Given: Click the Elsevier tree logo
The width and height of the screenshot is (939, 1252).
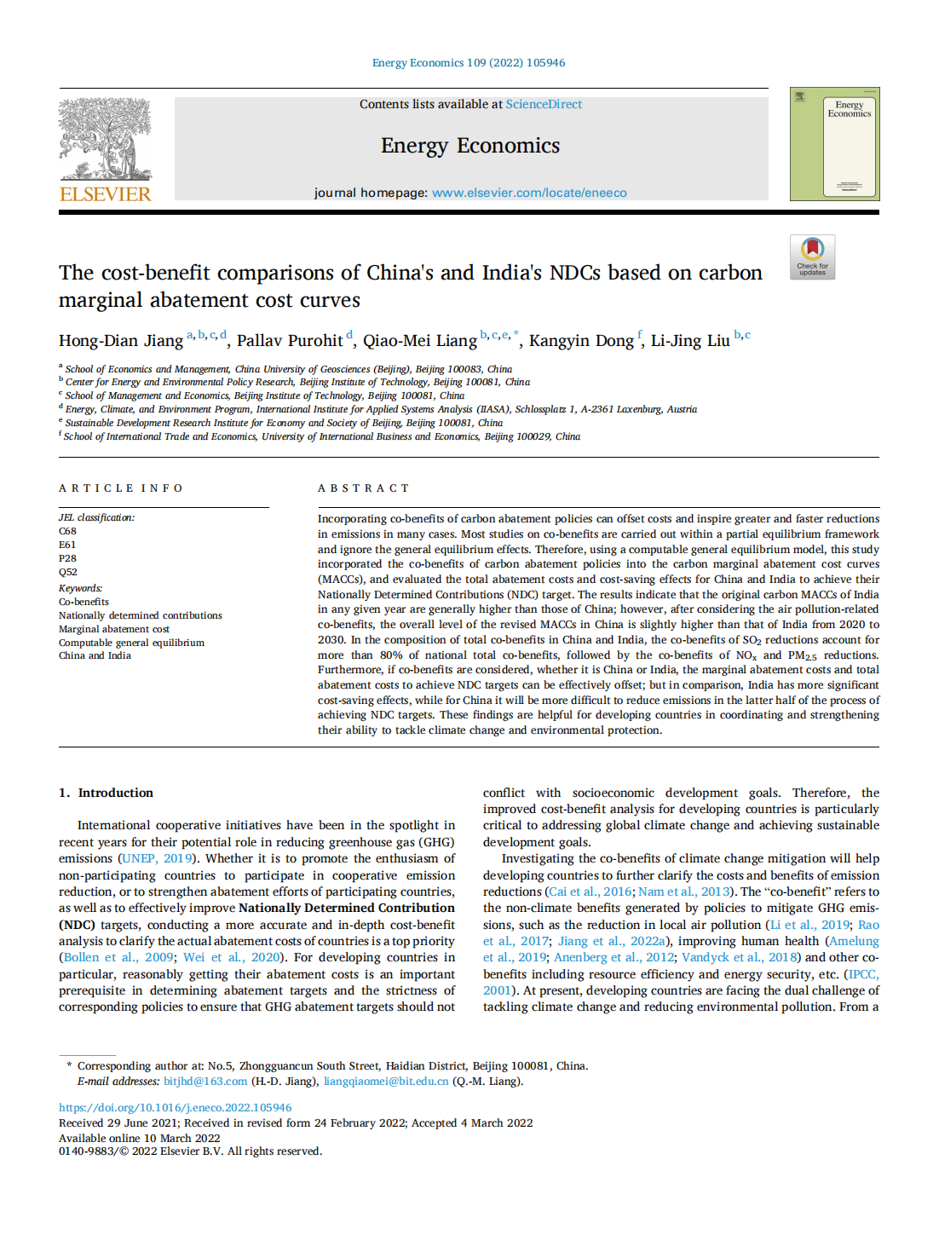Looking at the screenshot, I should (105, 138).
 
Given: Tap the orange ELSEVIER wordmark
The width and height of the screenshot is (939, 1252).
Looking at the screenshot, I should (105, 194).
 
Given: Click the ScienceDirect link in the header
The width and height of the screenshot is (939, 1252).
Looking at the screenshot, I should (544, 104).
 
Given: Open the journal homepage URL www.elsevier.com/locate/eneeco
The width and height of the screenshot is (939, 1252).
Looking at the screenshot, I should (529, 193).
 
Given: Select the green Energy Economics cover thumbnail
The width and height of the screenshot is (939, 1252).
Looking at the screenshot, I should (834, 144).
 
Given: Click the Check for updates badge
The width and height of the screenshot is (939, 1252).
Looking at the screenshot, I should (812, 257).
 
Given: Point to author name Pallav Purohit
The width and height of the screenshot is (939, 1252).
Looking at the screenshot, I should (290, 341).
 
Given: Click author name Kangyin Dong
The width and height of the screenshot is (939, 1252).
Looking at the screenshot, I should (581, 341).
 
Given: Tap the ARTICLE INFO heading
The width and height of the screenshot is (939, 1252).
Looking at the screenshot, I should (120, 488).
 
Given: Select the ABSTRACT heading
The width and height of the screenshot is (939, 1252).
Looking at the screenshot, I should (363, 488).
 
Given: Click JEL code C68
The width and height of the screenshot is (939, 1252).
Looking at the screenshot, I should (67, 531).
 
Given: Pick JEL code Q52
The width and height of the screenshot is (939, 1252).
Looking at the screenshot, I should (67, 572).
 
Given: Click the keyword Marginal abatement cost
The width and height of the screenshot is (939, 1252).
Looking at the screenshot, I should (113, 629).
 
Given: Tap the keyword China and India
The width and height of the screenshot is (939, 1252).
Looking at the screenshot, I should (95, 655).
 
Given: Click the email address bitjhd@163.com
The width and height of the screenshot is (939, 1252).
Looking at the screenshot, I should (205, 1081).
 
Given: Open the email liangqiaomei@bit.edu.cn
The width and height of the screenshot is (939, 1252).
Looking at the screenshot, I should (385, 1081).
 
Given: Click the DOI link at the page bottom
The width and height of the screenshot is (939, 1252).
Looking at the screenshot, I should (175, 1108).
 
